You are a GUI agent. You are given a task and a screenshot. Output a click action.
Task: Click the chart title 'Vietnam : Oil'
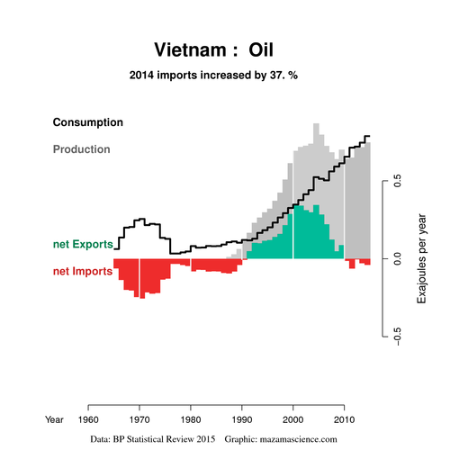[213, 49]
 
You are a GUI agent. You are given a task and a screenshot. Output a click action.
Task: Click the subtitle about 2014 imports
[213, 75]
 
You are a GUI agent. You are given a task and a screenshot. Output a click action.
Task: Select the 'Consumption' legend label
[88, 122]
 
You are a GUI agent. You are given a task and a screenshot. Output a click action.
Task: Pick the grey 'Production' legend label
[82, 149]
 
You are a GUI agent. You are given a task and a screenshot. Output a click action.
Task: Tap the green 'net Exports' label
[83, 244]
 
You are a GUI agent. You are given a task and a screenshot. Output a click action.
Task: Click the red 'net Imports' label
[83, 271]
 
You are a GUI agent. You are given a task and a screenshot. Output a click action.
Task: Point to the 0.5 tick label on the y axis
[397, 181]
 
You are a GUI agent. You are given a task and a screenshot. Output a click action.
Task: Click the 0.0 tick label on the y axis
[397, 258]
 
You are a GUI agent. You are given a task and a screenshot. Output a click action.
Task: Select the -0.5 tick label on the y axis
[397, 337]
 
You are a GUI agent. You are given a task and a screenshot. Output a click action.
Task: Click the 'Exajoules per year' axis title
[422, 258]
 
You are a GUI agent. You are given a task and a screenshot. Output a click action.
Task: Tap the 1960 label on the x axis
[88, 419]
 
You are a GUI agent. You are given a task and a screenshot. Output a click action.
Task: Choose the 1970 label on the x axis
[139, 419]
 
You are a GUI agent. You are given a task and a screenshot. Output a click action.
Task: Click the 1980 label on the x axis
[191, 419]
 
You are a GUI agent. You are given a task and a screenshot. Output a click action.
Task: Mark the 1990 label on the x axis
[242, 419]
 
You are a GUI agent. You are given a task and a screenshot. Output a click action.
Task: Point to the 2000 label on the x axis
[293, 419]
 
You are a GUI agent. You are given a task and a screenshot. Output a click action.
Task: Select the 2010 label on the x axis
[345, 419]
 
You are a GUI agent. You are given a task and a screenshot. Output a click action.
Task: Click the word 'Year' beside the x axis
[54, 419]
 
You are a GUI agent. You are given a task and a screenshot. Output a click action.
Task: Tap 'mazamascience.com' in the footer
[298, 439]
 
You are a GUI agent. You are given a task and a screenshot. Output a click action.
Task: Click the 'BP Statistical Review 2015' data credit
[164, 439]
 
